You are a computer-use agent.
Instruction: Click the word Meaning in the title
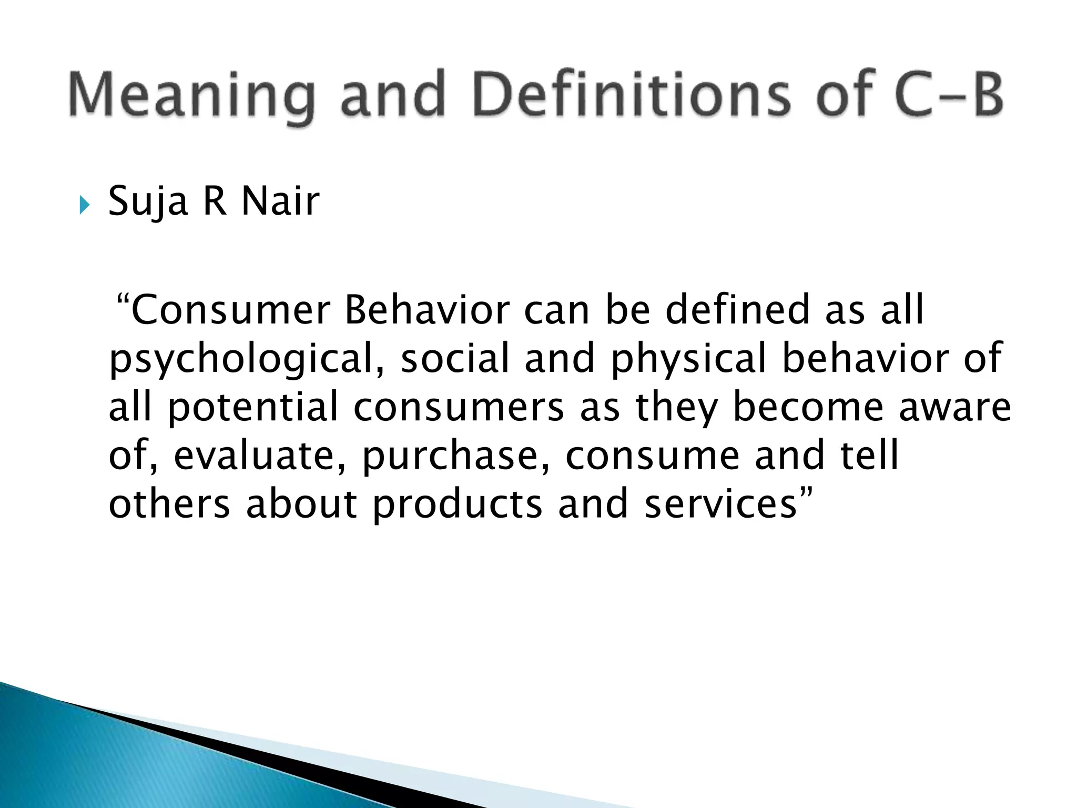click(192, 96)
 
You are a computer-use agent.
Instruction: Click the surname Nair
click(280, 201)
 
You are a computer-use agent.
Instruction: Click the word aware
click(955, 408)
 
